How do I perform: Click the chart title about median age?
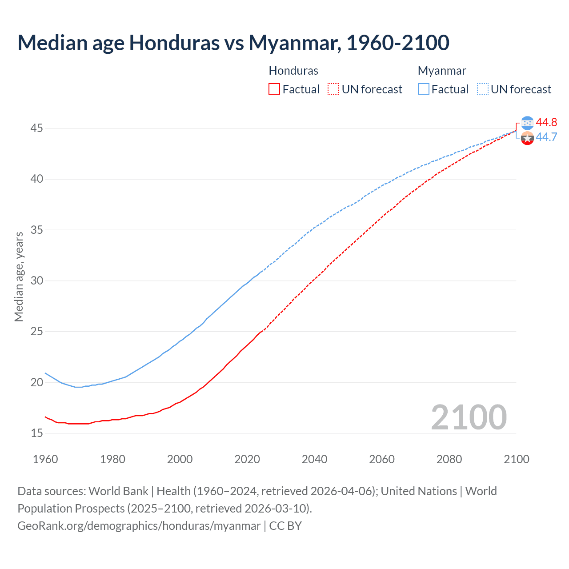coord(233,43)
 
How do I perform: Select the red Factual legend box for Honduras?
coord(274,89)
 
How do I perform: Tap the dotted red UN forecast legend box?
coord(333,89)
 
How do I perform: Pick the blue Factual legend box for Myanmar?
coord(424,89)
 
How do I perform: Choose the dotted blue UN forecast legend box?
coord(483,89)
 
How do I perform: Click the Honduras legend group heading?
coord(293,71)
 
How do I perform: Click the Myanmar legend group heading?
coord(442,71)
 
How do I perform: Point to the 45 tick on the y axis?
coord(36,128)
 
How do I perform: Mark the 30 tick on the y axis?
coord(36,280)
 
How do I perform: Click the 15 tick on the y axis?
coord(36,433)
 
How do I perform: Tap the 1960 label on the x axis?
coord(45,459)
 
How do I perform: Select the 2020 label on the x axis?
coord(247,459)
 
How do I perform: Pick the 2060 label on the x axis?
coord(382,459)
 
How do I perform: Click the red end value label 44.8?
coord(546,122)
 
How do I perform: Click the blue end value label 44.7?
coord(546,137)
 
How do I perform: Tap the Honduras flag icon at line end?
coord(527,123)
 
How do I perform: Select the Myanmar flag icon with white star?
coord(527,138)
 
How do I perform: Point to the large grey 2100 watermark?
coord(469,417)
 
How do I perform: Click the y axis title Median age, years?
coord(19,276)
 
